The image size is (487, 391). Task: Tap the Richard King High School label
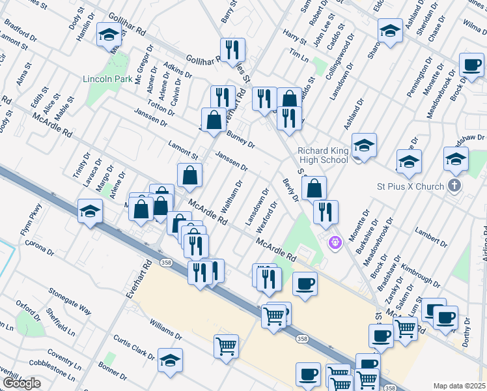click(323, 154)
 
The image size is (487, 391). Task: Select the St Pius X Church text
click(410, 186)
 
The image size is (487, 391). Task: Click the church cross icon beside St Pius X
click(454, 186)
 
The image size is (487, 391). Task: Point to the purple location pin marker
click(335, 242)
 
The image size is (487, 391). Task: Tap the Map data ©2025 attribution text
click(459, 386)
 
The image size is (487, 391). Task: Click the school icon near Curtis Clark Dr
click(171, 360)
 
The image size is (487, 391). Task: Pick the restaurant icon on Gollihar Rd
click(231, 50)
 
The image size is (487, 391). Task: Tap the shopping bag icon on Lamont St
click(189, 175)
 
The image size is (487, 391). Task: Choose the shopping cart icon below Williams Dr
click(226, 346)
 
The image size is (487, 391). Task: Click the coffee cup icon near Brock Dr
click(471, 65)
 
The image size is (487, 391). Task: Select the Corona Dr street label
click(39, 248)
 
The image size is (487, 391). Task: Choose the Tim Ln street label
click(298, 55)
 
